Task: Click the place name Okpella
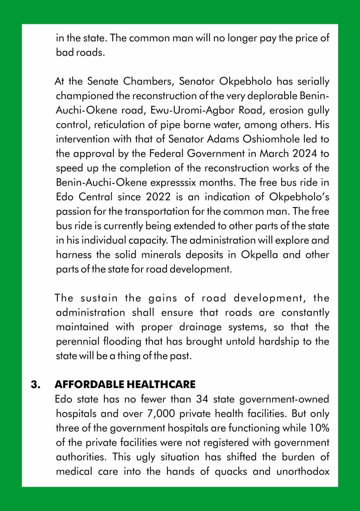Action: pyautogui.click(x=258, y=254)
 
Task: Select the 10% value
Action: pyautogui.click(x=319, y=428)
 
